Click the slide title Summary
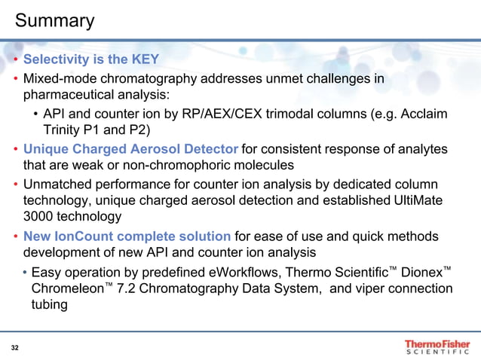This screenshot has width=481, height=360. pyautogui.click(x=55, y=20)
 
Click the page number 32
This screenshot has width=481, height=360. pyautogui.click(x=15, y=347)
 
